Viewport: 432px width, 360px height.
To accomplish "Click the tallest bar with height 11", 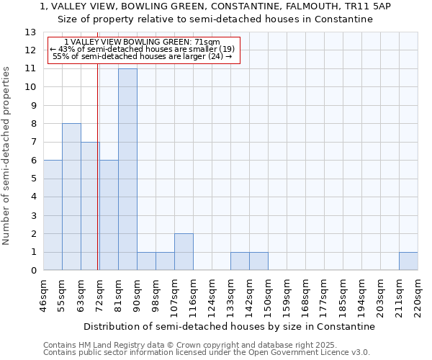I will (x=127, y=169).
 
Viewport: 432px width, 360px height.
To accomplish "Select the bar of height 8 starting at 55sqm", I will (x=71, y=197).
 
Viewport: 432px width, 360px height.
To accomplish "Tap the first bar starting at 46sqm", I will (x=53, y=215).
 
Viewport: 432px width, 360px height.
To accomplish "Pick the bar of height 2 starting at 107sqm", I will (x=184, y=252).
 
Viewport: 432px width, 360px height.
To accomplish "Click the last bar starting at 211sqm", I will (x=408, y=261).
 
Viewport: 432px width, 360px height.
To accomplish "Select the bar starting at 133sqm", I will (x=240, y=261).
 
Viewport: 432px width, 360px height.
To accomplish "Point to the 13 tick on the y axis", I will (x=30, y=32).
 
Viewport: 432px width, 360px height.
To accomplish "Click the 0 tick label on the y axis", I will (x=33, y=271).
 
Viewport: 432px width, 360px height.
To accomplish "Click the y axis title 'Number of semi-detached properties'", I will (x=7, y=156).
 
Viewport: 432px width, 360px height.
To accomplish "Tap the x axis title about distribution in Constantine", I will (x=234, y=326).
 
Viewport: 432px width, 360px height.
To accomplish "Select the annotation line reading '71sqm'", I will (x=142, y=42).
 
